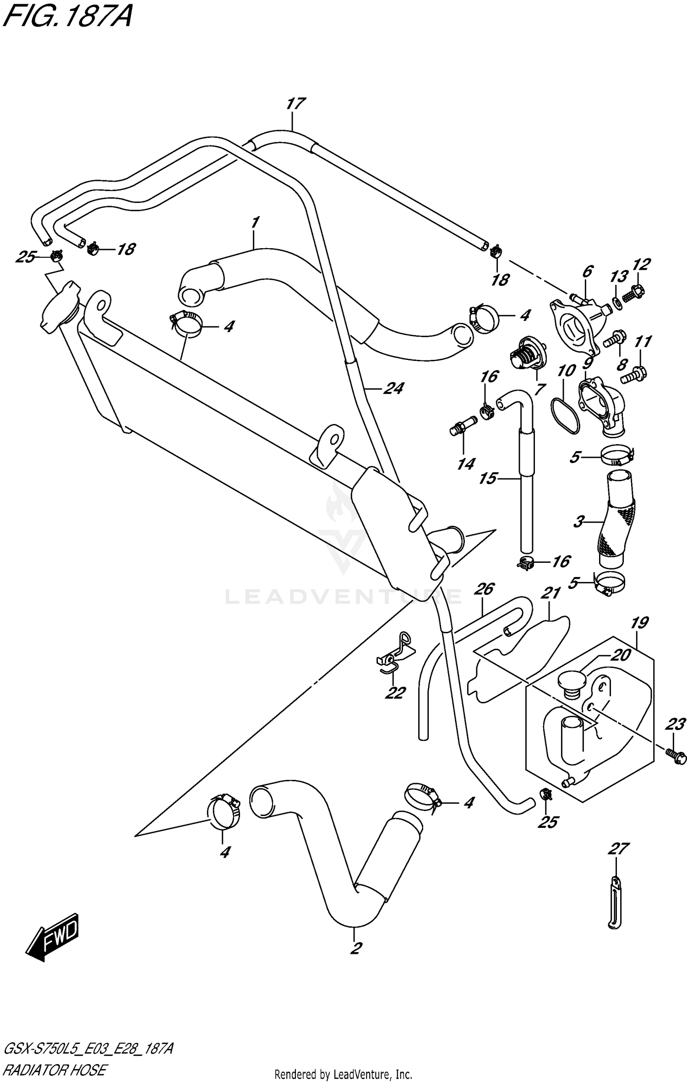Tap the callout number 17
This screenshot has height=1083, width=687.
[x=295, y=104]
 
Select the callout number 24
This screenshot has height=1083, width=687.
[x=393, y=389]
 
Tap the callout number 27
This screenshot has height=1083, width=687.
[x=618, y=849]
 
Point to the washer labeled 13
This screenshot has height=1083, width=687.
[x=617, y=302]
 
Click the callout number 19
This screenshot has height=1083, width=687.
[x=639, y=623]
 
